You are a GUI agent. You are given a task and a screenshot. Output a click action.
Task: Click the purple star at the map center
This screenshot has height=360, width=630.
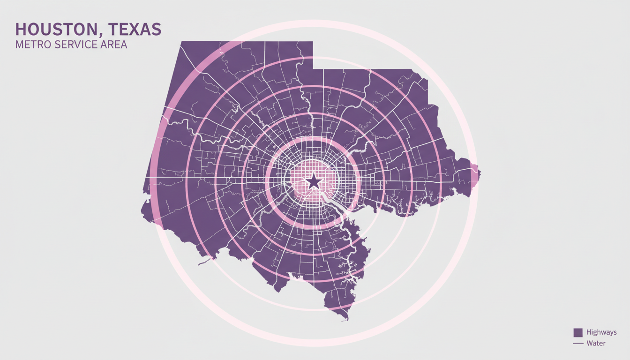pos(313,181)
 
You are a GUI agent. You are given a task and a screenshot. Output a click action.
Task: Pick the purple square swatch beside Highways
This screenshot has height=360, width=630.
pos(578,332)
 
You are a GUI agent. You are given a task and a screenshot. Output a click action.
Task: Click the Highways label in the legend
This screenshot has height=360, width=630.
pos(601,332)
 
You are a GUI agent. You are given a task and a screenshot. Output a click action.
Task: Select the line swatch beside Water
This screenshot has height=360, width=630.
pos(578,344)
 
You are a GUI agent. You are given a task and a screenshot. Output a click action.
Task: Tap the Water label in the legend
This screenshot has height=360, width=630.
pos(596,344)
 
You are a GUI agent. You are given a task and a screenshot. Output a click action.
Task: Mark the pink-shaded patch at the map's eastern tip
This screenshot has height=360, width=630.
pos(474,175)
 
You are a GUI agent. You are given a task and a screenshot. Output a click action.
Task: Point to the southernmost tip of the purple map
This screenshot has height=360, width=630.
pos(346,320)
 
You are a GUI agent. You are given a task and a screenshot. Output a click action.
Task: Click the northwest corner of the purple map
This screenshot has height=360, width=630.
pos(181,42)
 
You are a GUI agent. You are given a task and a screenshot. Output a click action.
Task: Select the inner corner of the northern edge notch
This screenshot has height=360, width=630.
pos(313,69)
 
